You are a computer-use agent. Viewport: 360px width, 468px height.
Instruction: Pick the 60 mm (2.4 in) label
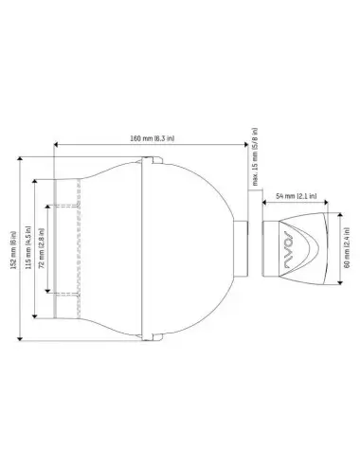[349, 249]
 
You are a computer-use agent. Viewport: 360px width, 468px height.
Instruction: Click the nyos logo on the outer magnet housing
[291, 249]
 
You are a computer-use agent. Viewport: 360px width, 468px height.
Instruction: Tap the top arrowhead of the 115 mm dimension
[35, 180]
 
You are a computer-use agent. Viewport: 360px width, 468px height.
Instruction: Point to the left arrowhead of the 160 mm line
[56, 146]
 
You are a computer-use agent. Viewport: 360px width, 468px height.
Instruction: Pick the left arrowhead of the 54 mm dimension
[266, 202]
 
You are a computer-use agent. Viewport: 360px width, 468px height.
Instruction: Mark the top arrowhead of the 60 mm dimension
[341, 215]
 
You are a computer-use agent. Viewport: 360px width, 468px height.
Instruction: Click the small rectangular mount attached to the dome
[243, 249]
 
